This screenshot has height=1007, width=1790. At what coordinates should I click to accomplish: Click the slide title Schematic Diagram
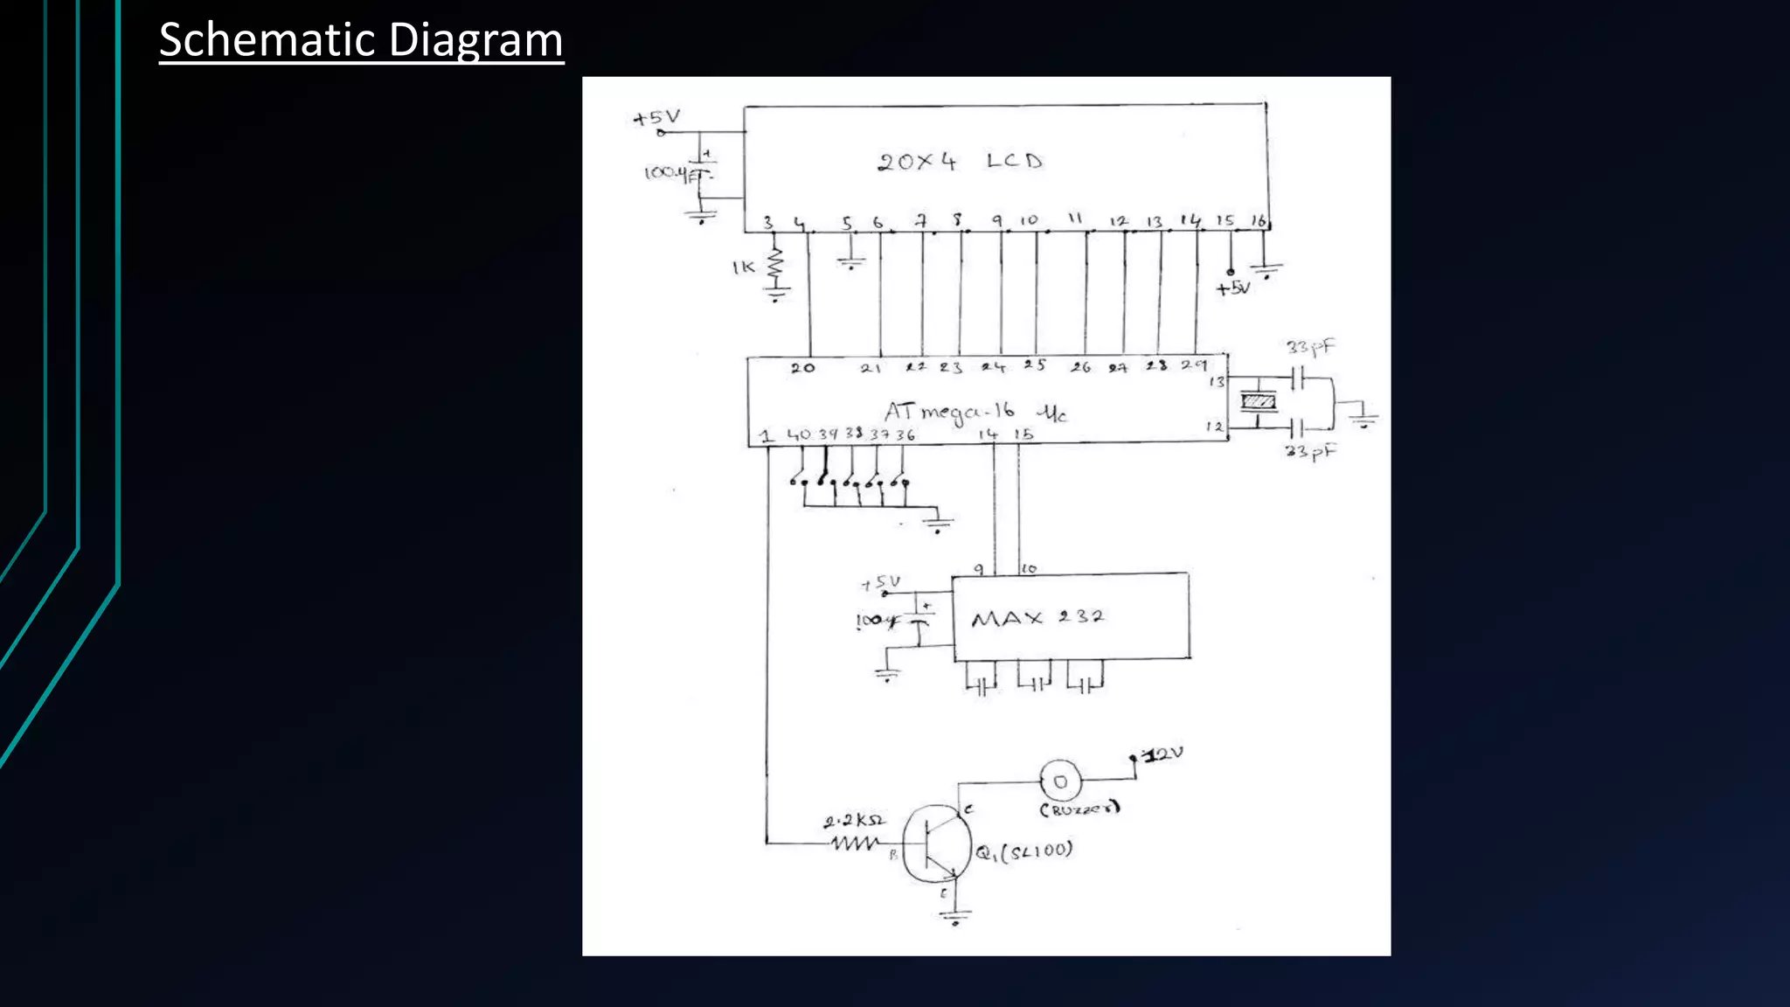(x=361, y=40)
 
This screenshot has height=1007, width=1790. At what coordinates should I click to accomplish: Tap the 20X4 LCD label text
(x=960, y=162)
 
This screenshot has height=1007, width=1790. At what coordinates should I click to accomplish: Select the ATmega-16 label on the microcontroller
(x=950, y=412)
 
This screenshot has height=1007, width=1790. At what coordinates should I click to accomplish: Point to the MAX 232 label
(x=1037, y=618)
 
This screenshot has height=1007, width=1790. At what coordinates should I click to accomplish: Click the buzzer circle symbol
(x=1060, y=781)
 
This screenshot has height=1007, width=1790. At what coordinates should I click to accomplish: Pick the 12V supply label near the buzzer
(x=1163, y=754)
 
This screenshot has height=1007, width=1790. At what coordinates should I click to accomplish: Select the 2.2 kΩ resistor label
(x=854, y=821)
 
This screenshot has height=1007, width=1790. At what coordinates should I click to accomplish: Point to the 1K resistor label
(x=743, y=267)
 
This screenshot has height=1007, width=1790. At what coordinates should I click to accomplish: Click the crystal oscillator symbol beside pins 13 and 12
(x=1259, y=401)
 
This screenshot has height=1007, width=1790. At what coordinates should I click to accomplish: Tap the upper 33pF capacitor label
(x=1310, y=347)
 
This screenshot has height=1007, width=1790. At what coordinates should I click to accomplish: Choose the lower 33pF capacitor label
(x=1310, y=451)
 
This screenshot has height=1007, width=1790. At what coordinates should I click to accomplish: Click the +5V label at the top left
(x=656, y=118)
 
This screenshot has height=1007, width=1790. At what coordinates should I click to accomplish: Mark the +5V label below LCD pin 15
(x=1233, y=288)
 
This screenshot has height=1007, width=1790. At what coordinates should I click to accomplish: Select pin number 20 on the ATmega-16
(x=802, y=368)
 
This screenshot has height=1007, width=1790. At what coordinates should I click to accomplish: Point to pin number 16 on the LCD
(x=1258, y=220)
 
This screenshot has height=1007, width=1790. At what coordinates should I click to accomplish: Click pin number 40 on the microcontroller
(x=799, y=434)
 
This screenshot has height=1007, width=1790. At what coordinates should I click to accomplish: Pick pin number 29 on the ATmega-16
(x=1194, y=365)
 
